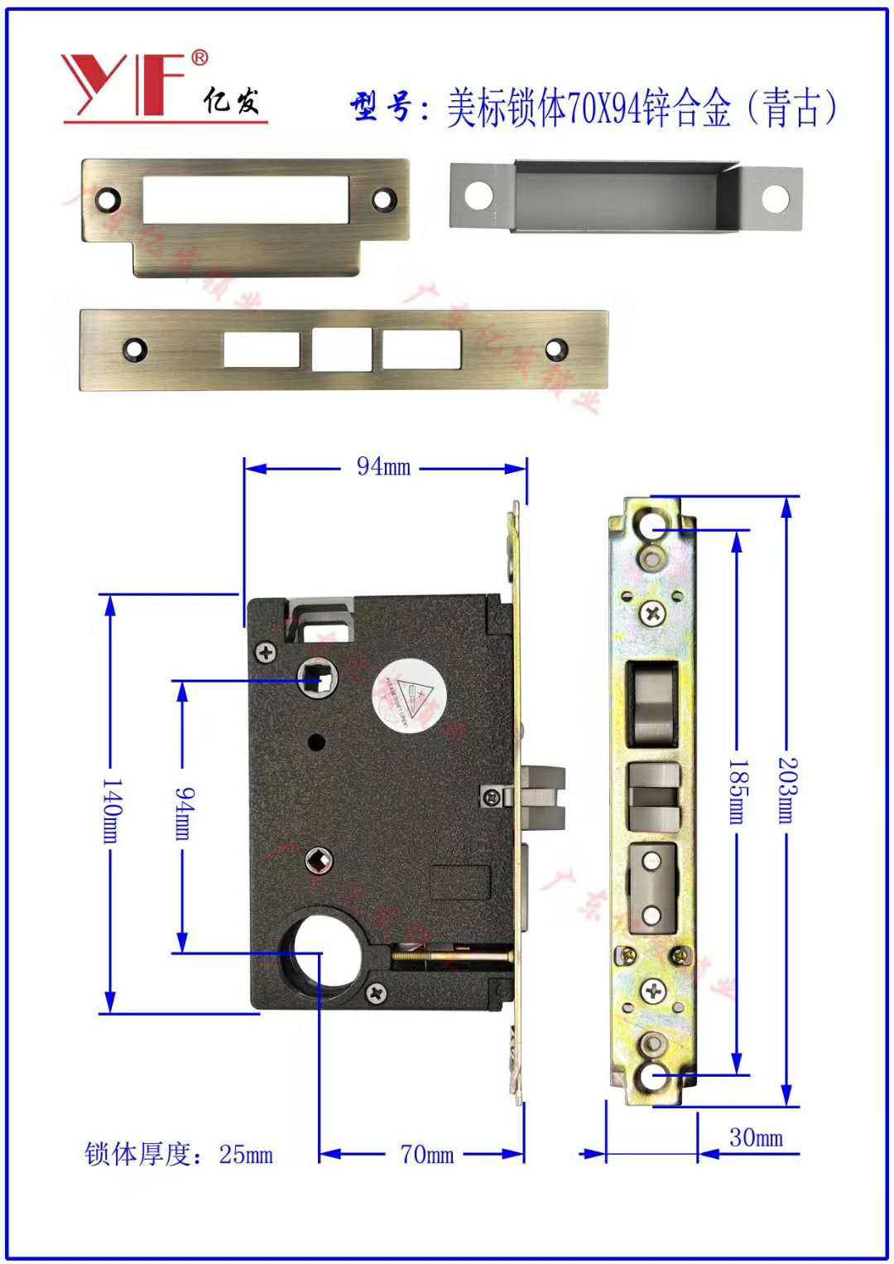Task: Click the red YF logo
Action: point(124,84)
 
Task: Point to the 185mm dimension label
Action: point(736,791)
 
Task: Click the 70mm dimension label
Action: point(427,1154)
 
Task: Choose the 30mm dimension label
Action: point(755,1137)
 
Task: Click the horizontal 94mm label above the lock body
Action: point(383,467)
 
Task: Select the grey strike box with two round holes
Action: point(625,199)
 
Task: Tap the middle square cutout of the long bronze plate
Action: point(341,350)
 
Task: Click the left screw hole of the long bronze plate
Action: point(134,349)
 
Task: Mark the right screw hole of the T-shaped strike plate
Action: point(382,200)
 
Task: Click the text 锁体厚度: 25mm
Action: point(179,1154)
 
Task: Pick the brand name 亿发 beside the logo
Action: point(231,100)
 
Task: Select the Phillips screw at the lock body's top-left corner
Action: point(267,652)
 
